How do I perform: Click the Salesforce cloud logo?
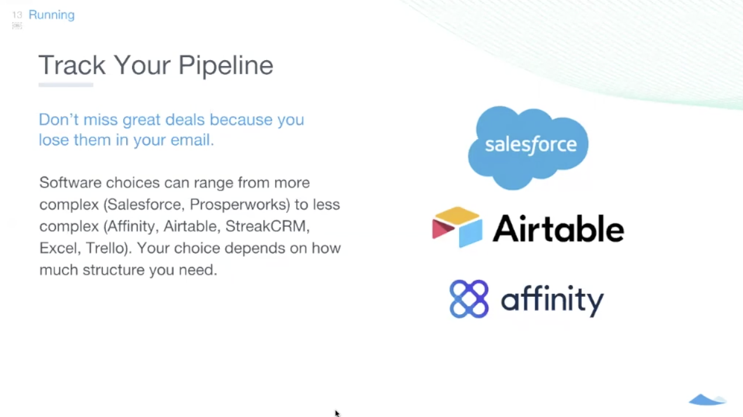tap(528, 148)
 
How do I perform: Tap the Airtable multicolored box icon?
tap(457, 227)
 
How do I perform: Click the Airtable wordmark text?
tap(558, 228)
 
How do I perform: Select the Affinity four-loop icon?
tap(468, 299)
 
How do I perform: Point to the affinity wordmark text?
tap(552, 300)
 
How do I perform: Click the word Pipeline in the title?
tap(226, 65)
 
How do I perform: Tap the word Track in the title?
tap(72, 65)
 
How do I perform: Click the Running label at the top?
tap(51, 15)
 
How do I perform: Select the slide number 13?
tap(17, 15)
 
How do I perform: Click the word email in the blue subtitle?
tap(192, 140)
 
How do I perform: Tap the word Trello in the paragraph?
tap(107, 248)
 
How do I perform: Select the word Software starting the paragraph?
tap(70, 183)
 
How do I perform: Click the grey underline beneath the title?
tap(65, 85)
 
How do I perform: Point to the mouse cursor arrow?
tap(337, 413)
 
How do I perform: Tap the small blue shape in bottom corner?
tap(707, 399)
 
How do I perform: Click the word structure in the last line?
tap(113, 270)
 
